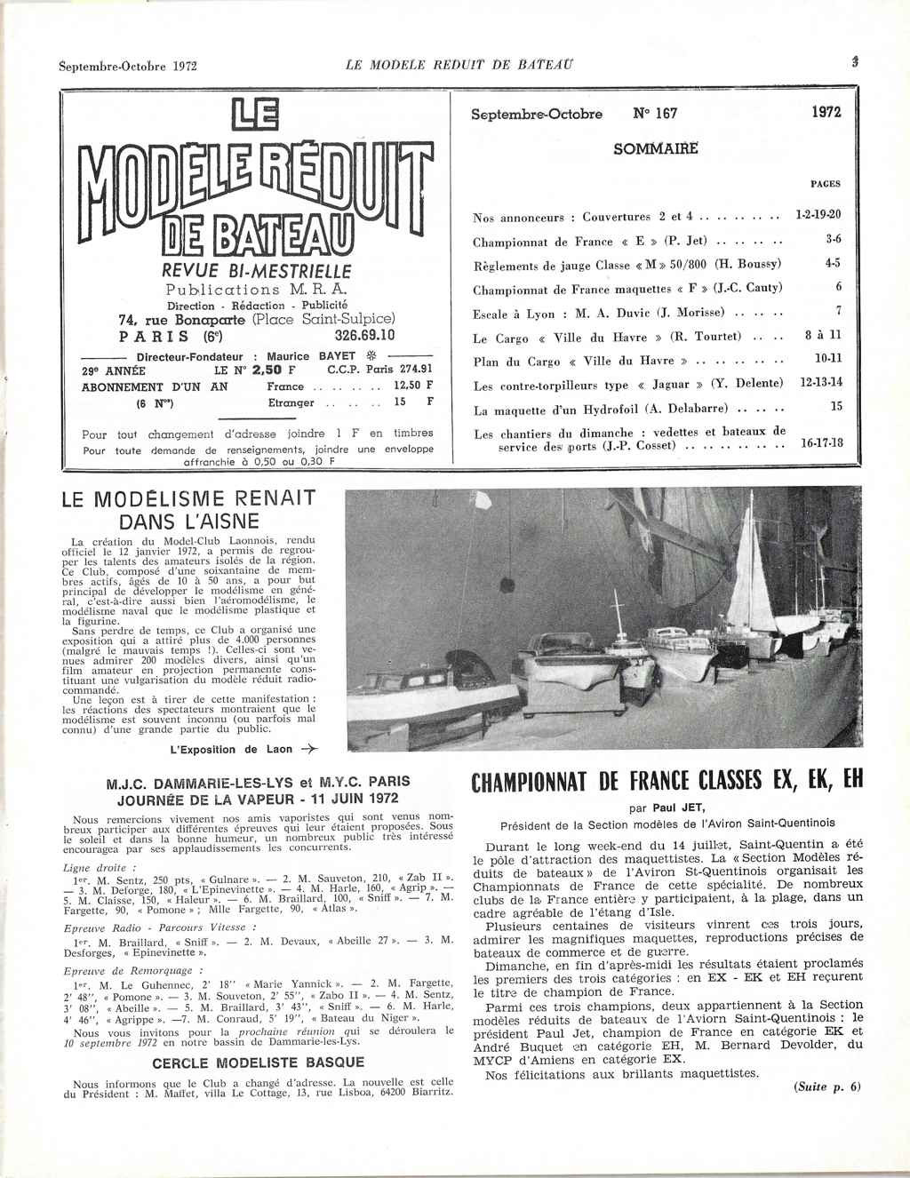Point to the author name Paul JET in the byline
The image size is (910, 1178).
pos(674,808)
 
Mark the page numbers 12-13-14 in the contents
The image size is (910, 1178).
pos(820,382)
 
